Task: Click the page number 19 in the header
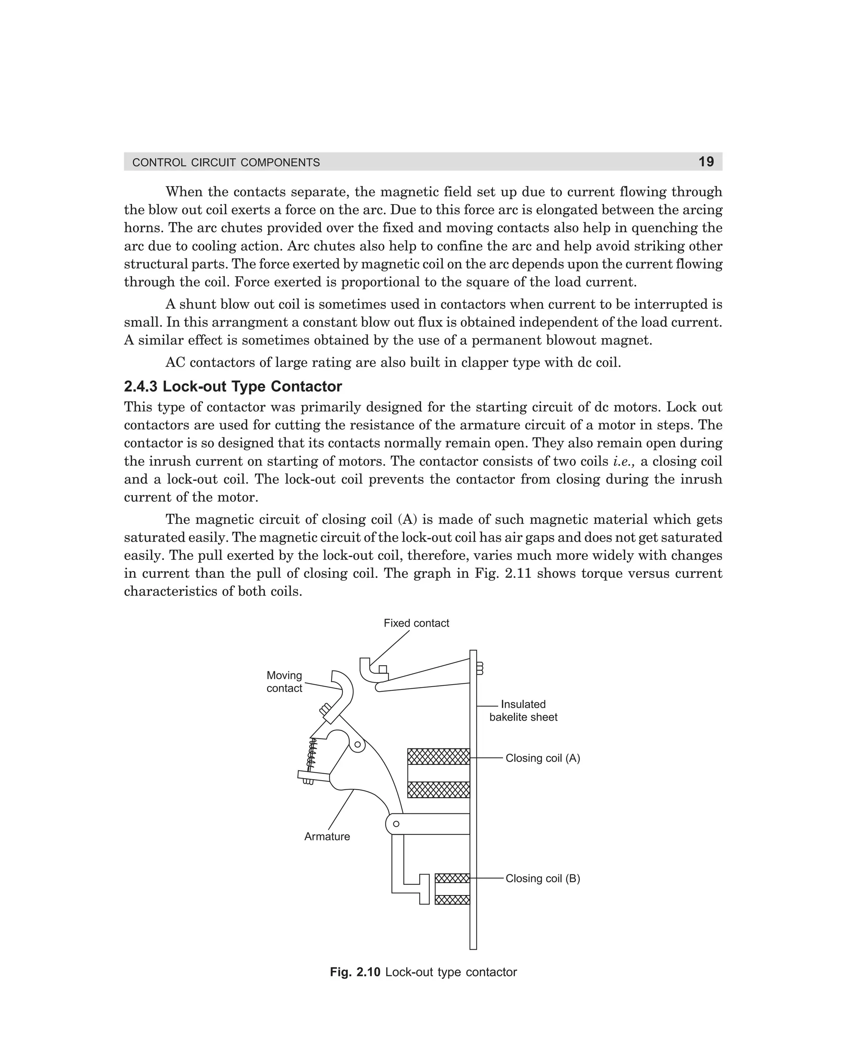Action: [706, 162]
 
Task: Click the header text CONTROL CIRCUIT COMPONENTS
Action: [226, 163]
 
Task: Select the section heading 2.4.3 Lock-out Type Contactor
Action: [233, 386]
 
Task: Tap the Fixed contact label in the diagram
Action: [416, 623]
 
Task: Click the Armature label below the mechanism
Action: [327, 836]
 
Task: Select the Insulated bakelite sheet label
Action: [523, 710]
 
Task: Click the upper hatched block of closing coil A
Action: [438, 756]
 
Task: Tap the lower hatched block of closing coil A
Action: [438, 789]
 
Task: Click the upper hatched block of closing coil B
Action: [452, 878]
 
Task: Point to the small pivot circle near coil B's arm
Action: [396, 824]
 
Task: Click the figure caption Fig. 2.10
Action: [423, 972]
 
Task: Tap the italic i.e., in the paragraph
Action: [624, 461]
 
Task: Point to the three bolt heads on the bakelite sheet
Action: [479, 668]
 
